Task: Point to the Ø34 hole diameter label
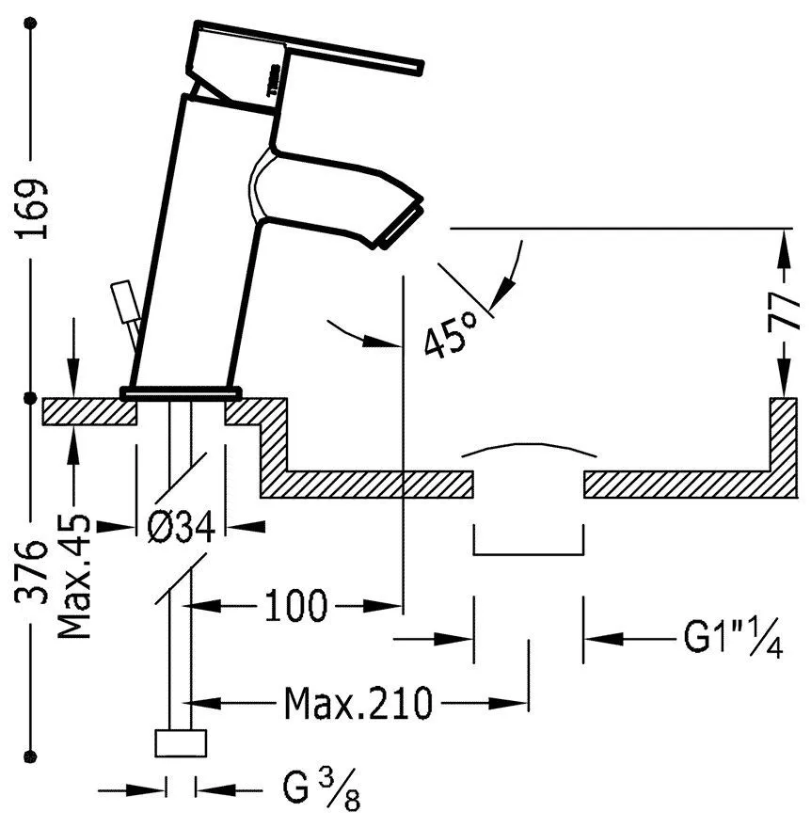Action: (x=182, y=527)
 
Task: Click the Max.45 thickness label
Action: (x=74, y=576)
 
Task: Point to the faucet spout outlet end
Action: (x=399, y=227)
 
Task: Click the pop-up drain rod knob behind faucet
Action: (x=119, y=300)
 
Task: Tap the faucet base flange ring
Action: (x=181, y=389)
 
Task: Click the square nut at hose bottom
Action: (x=181, y=742)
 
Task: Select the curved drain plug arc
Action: (x=528, y=448)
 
